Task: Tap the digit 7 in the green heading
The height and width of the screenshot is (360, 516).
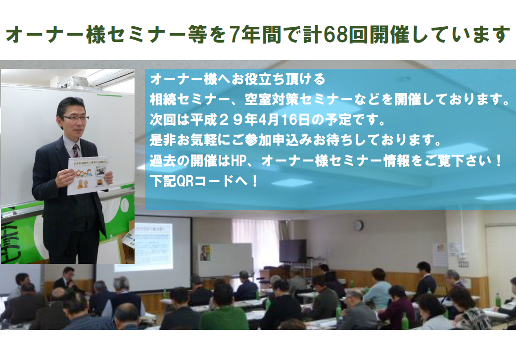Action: click(234, 35)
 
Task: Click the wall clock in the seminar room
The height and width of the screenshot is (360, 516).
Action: click(358, 225)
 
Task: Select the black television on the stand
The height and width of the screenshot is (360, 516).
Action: click(292, 251)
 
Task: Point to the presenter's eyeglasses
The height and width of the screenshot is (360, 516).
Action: click(76, 118)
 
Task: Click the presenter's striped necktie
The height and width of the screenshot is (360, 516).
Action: click(76, 151)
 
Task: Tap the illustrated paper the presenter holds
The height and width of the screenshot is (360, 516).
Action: click(89, 175)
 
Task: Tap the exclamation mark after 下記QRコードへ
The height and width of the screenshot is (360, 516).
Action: click(255, 181)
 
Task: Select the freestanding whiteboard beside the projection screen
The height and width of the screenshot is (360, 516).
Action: click(225, 260)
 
